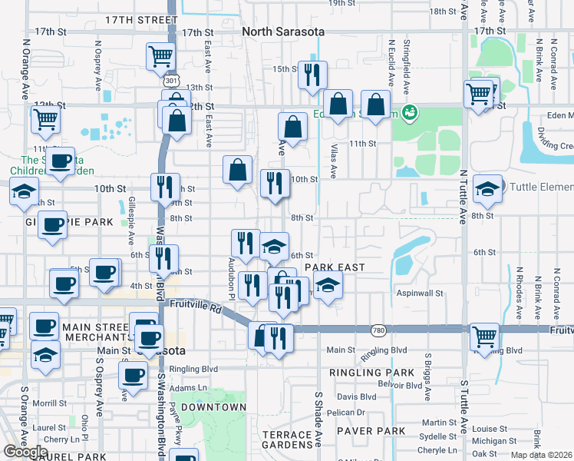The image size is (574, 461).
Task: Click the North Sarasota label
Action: tap(283, 32)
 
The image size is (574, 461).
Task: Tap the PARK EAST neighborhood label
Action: tap(335, 267)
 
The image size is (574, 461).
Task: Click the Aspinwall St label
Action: tap(420, 294)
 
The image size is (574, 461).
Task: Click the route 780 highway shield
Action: tap(378, 330)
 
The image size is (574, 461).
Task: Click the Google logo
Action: tap(25, 452)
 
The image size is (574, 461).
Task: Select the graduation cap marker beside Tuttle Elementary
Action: tap(487, 190)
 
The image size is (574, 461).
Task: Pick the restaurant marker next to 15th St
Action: tap(312, 75)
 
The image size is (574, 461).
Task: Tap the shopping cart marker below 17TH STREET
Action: tap(161, 55)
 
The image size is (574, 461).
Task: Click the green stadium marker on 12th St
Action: tap(410, 111)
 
